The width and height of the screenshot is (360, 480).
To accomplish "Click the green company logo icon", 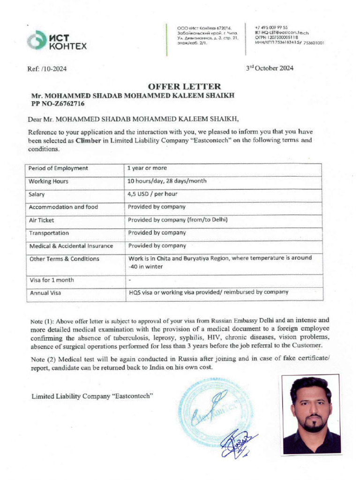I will tap(35, 40).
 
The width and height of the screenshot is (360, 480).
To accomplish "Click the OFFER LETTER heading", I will tap(184, 86).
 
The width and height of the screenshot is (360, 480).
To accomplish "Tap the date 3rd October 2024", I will tap(270, 68).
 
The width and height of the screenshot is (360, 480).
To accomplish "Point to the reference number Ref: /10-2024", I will tap(47, 69).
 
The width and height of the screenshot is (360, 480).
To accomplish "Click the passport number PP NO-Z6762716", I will tap(58, 104).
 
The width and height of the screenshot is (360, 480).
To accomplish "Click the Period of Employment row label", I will tap(58, 168).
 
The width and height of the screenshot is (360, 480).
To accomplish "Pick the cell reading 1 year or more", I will tap(148, 168).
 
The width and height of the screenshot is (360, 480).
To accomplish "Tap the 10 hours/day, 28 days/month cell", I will tap(167, 181).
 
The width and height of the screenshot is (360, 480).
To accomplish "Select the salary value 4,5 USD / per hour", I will tap(153, 194).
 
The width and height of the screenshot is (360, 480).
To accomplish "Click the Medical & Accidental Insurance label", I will tap(71, 246).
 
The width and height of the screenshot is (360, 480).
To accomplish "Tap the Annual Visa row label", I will tap(45, 293).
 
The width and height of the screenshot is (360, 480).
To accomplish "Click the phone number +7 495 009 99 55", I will tap(271, 28).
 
